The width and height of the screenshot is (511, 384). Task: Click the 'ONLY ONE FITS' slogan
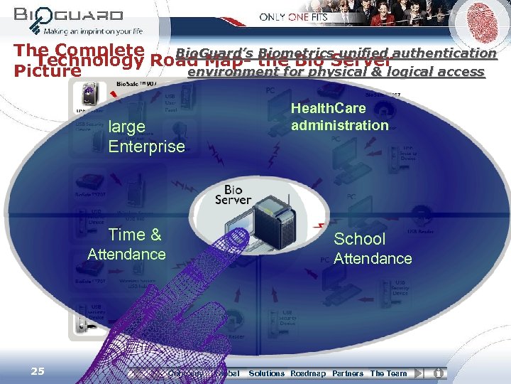point(294,16)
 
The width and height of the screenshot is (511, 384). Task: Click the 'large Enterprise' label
point(146,137)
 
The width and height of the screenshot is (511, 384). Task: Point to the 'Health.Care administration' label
point(340,117)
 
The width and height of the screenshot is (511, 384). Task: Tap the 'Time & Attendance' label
point(127,245)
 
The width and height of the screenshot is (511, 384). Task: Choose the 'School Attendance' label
point(372,249)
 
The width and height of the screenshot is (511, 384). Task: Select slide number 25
point(38,371)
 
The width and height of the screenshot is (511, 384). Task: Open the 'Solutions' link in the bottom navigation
point(266,373)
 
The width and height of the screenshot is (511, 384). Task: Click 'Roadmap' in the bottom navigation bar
point(308,373)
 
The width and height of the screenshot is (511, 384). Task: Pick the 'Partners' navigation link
point(348,373)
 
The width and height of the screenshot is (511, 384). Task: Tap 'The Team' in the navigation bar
point(388,373)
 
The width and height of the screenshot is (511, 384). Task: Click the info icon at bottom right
point(439,373)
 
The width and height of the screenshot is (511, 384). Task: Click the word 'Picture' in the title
point(48,71)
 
